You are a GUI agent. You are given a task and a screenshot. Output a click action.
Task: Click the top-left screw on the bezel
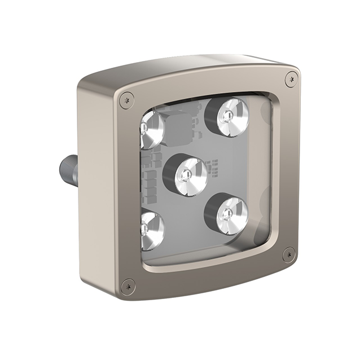[x=128, y=100]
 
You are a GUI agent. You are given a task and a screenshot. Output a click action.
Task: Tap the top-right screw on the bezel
[x=291, y=79]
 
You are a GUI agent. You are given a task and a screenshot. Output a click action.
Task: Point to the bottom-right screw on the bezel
[x=288, y=254]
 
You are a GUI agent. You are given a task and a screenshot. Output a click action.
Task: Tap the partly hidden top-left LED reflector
[x=151, y=129]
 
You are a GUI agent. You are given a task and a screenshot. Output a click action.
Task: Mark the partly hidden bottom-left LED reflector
[x=151, y=230]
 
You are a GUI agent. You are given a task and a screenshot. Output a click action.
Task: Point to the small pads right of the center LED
[x=213, y=168]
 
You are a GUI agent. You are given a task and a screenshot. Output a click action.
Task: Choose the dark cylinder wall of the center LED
[x=169, y=172]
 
